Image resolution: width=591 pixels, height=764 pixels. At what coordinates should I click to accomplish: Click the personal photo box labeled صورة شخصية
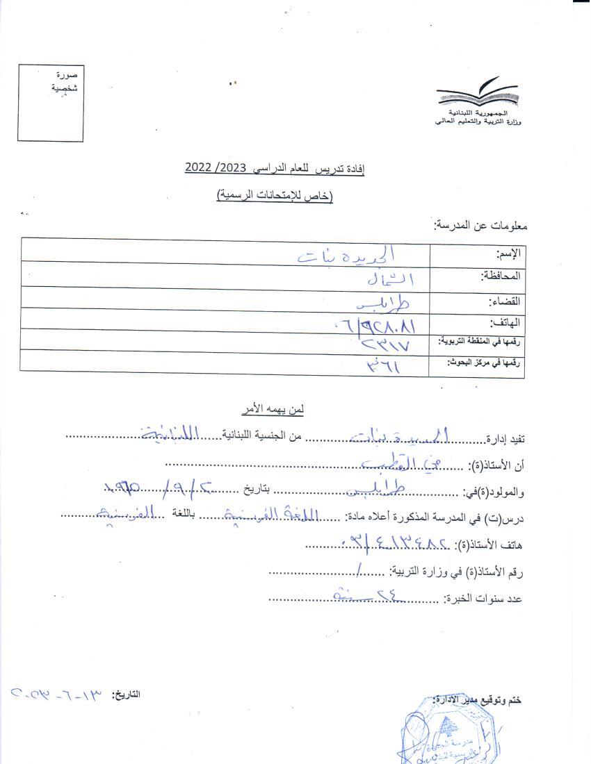coord(51,103)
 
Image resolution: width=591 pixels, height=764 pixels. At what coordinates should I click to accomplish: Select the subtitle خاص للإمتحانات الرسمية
coord(275,197)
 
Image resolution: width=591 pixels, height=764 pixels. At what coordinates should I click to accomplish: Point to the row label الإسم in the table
coord(508,253)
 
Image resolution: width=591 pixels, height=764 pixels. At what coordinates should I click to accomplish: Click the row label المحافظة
coord(501,276)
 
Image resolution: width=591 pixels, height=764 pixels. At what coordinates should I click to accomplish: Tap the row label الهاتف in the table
coord(506,323)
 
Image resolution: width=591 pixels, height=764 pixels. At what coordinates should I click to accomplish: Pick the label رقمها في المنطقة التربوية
coord(479,341)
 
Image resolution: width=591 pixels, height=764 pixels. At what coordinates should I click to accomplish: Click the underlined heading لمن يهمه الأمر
coord(277,410)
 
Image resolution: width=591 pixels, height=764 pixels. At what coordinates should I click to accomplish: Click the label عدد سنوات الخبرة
coord(483,598)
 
